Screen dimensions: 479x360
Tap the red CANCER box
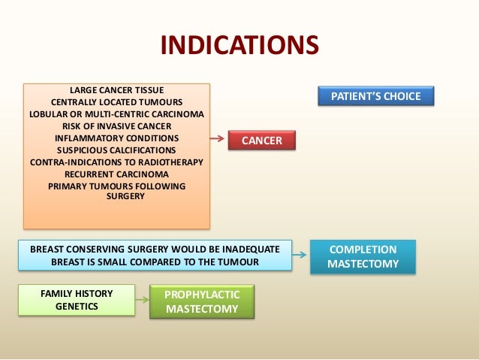click(262, 141)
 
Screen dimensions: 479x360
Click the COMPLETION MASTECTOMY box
click(363, 256)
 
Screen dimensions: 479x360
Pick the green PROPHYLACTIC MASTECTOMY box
click(201, 301)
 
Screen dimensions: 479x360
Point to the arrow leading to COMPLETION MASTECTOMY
click(300, 255)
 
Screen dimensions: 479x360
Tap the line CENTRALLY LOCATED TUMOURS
click(116, 102)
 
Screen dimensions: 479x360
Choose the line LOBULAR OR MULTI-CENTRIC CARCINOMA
click(116, 114)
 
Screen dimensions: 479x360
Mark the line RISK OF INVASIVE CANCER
click(116, 126)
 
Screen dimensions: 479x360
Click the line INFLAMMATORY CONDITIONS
click(116, 138)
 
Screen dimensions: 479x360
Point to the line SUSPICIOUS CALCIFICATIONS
click(116, 150)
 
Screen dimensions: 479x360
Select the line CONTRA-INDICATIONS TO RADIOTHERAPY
click(116, 162)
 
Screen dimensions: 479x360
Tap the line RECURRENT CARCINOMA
click(116, 174)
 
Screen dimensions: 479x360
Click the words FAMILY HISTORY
click(77, 294)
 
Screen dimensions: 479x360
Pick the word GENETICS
click(77, 307)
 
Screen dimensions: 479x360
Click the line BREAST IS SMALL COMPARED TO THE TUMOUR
click(155, 262)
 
